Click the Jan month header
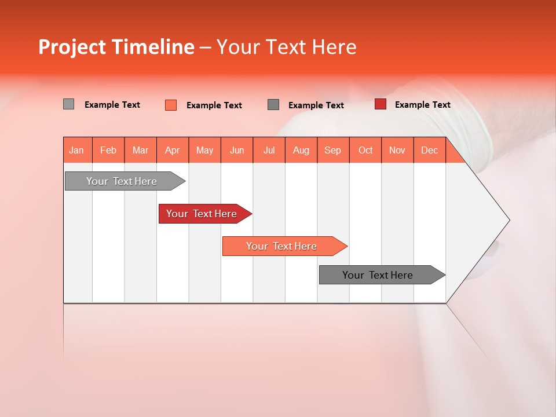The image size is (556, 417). click(x=77, y=151)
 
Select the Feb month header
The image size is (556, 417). click(x=108, y=151)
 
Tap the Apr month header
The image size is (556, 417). click(x=173, y=151)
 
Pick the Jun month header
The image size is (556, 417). click(x=237, y=151)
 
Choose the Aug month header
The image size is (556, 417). click(x=301, y=151)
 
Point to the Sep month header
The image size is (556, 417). click(x=333, y=151)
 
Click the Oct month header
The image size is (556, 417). click(x=365, y=151)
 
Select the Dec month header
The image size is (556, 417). click(x=430, y=151)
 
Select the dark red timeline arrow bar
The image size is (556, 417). click(x=203, y=214)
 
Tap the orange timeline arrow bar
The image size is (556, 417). click(x=283, y=246)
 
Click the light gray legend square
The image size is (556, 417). click(x=68, y=104)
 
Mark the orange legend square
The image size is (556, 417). click(x=171, y=105)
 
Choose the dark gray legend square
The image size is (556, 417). click(x=273, y=104)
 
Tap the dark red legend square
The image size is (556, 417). click(x=381, y=104)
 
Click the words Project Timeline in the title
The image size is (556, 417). click(x=116, y=47)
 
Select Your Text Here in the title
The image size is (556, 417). click(x=286, y=47)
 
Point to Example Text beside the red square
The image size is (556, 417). click(x=422, y=105)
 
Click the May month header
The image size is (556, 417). click(x=204, y=151)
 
